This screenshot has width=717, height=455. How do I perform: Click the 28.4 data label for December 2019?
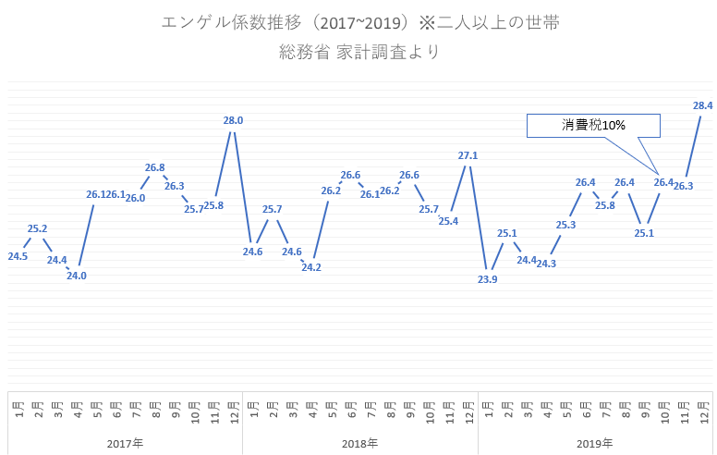pyautogui.click(x=702, y=106)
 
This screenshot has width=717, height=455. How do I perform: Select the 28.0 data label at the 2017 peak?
pyautogui.click(x=233, y=120)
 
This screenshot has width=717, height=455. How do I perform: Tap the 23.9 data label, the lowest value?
pyautogui.click(x=488, y=279)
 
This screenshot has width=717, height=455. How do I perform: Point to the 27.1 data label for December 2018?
pyautogui.click(x=468, y=155)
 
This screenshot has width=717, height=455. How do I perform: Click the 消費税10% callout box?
pyautogui.click(x=593, y=126)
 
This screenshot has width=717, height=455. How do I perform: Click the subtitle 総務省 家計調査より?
pyautogui.click(x=358, y=52)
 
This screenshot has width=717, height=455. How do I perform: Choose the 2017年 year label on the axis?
pyautogui.click(x=125, y=444)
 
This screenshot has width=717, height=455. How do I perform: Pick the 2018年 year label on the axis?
pyautogui.click(x=359, y=444)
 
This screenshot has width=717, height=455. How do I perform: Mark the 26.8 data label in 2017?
pyautogui.click(x=154, y=167)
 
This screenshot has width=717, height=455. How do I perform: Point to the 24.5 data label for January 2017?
pyautogui.click(x=18, y=256)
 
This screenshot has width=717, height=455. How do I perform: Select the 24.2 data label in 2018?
pyautogui.click(x=311, y=267)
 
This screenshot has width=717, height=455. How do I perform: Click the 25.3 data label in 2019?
pyautogui.click(x=566, y=224)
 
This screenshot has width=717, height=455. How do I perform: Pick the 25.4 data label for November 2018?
pyautogui.click(x=448, y=220)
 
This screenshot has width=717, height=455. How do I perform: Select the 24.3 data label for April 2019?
pyautogui.click(x=546, y=264)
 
